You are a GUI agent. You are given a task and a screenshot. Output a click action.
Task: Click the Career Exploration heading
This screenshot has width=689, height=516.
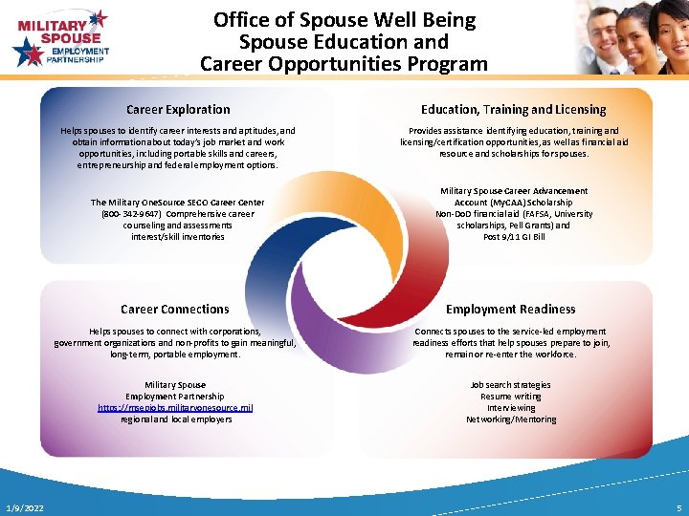pyautogui.click(x=178, y=110)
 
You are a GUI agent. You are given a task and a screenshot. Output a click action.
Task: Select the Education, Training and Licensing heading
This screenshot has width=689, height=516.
pyautogui.click(x=513, y=110)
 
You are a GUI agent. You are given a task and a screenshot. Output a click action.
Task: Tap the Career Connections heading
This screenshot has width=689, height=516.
pyautogui.click(x=175, y=310)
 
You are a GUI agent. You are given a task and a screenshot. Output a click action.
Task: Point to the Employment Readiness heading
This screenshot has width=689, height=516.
pyautogui.click(x=510, y=310)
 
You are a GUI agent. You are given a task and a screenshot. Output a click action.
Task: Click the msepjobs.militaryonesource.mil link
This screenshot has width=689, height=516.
pyautogui.click(x=175, y=408)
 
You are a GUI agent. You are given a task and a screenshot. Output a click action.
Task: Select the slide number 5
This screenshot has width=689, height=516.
pyautogui.click(x=678, y=507)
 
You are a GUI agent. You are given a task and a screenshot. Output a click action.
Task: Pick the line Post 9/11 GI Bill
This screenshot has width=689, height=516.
pyautogui.click(x=514, y=237)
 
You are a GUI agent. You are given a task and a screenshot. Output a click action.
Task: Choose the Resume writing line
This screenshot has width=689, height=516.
pyautogui.click(x=510, y=397)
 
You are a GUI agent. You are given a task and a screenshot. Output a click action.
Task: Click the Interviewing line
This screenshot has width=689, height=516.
pyautogui.click(x=510, y=408)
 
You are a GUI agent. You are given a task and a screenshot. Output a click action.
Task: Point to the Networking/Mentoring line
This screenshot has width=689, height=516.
pyautogui.click(x=510, y=419)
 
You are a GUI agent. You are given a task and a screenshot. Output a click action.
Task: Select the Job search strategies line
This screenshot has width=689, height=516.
pyautogui.click(x=510, y=385)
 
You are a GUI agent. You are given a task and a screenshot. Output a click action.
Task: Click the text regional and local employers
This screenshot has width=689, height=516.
pyautogui.click(x=175, y=419)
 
